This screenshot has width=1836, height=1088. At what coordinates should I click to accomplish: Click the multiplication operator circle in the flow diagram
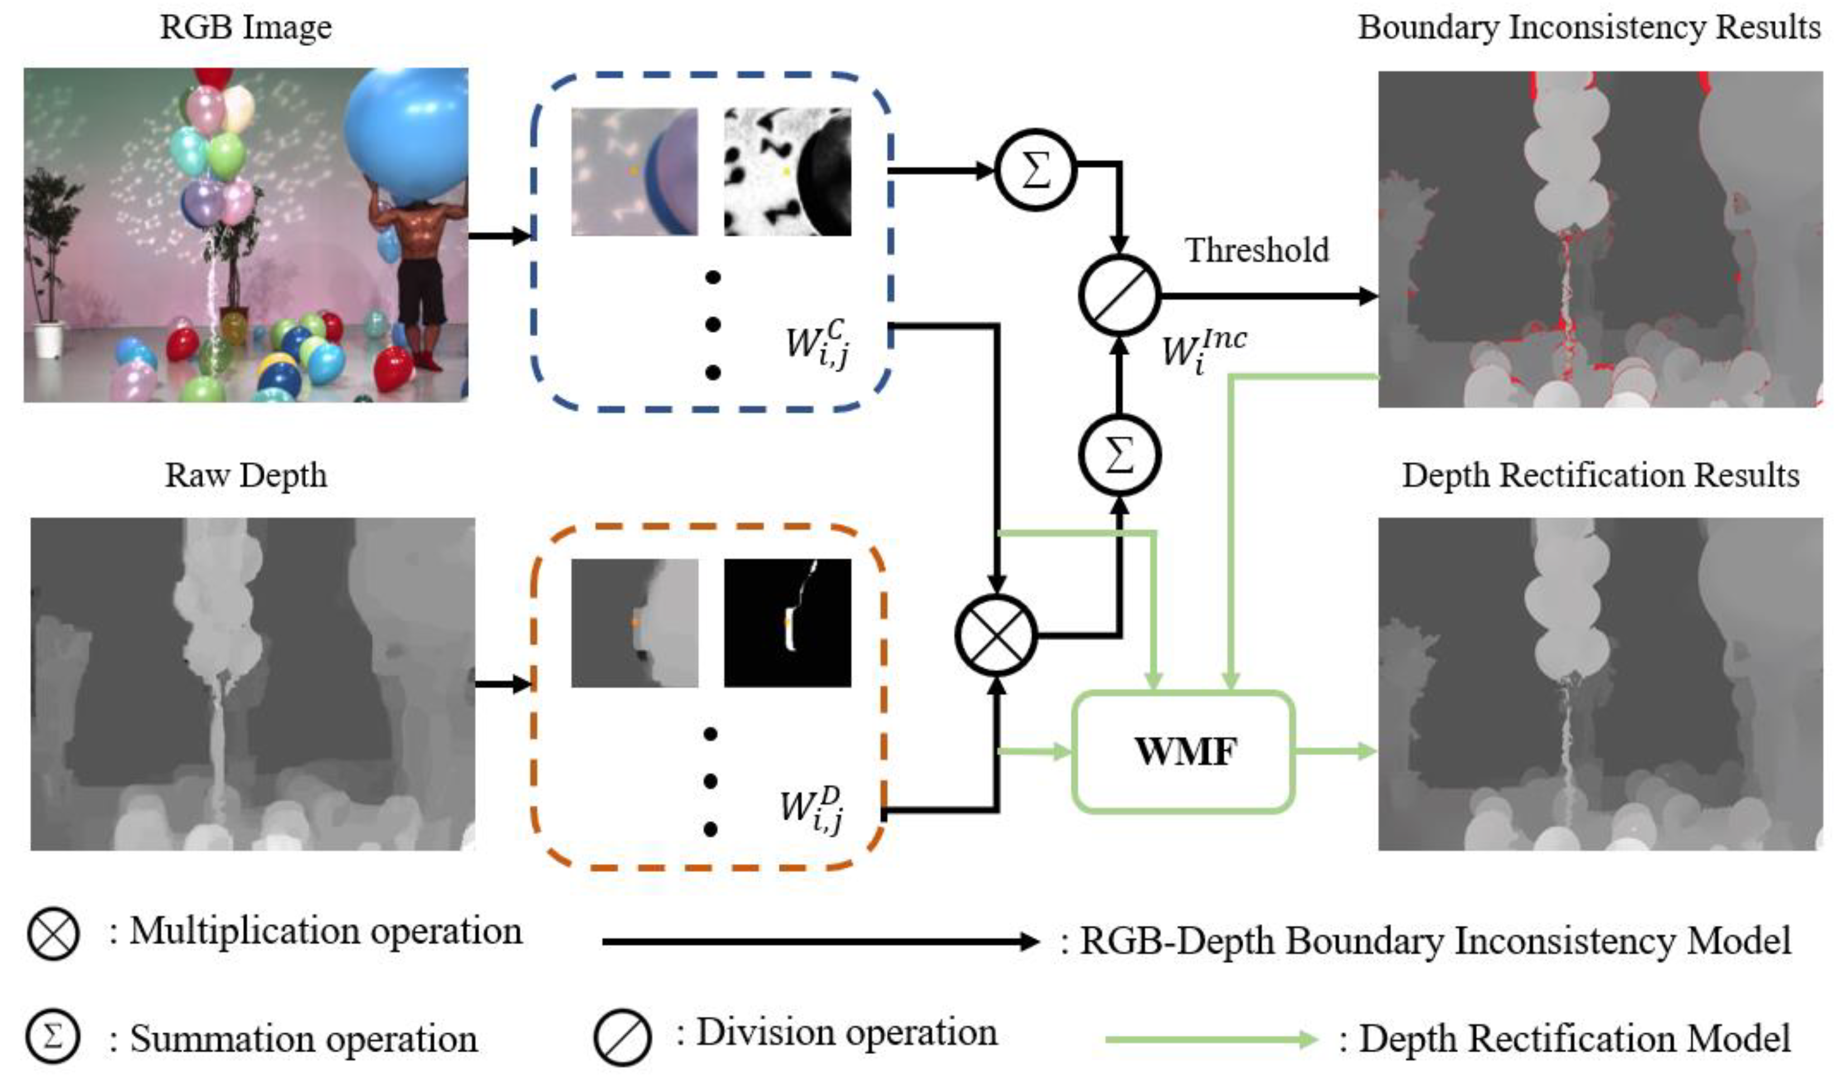point(996,635)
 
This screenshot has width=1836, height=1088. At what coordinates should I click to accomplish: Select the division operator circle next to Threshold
point(1119,295)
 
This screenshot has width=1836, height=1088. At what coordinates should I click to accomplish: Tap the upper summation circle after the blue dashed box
point(1035,170)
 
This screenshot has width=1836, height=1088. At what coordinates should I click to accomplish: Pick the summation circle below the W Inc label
point(1119,455)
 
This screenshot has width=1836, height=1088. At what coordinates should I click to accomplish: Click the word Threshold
point(1256,250)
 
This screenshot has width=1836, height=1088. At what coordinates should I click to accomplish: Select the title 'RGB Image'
point(246,27)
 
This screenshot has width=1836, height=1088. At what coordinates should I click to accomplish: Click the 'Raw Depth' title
point(246,475)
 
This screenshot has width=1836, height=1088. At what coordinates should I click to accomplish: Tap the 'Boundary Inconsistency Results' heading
point(1589,27)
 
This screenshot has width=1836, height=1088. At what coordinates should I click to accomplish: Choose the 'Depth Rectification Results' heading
point(1600,475)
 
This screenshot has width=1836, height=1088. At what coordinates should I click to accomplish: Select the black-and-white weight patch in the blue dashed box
point(787,172)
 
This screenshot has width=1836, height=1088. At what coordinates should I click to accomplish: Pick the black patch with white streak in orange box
point(787,623)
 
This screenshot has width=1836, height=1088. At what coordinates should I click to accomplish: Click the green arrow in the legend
point(1210,1039)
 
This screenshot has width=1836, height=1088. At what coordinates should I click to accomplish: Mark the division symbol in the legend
point(621,1037)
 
